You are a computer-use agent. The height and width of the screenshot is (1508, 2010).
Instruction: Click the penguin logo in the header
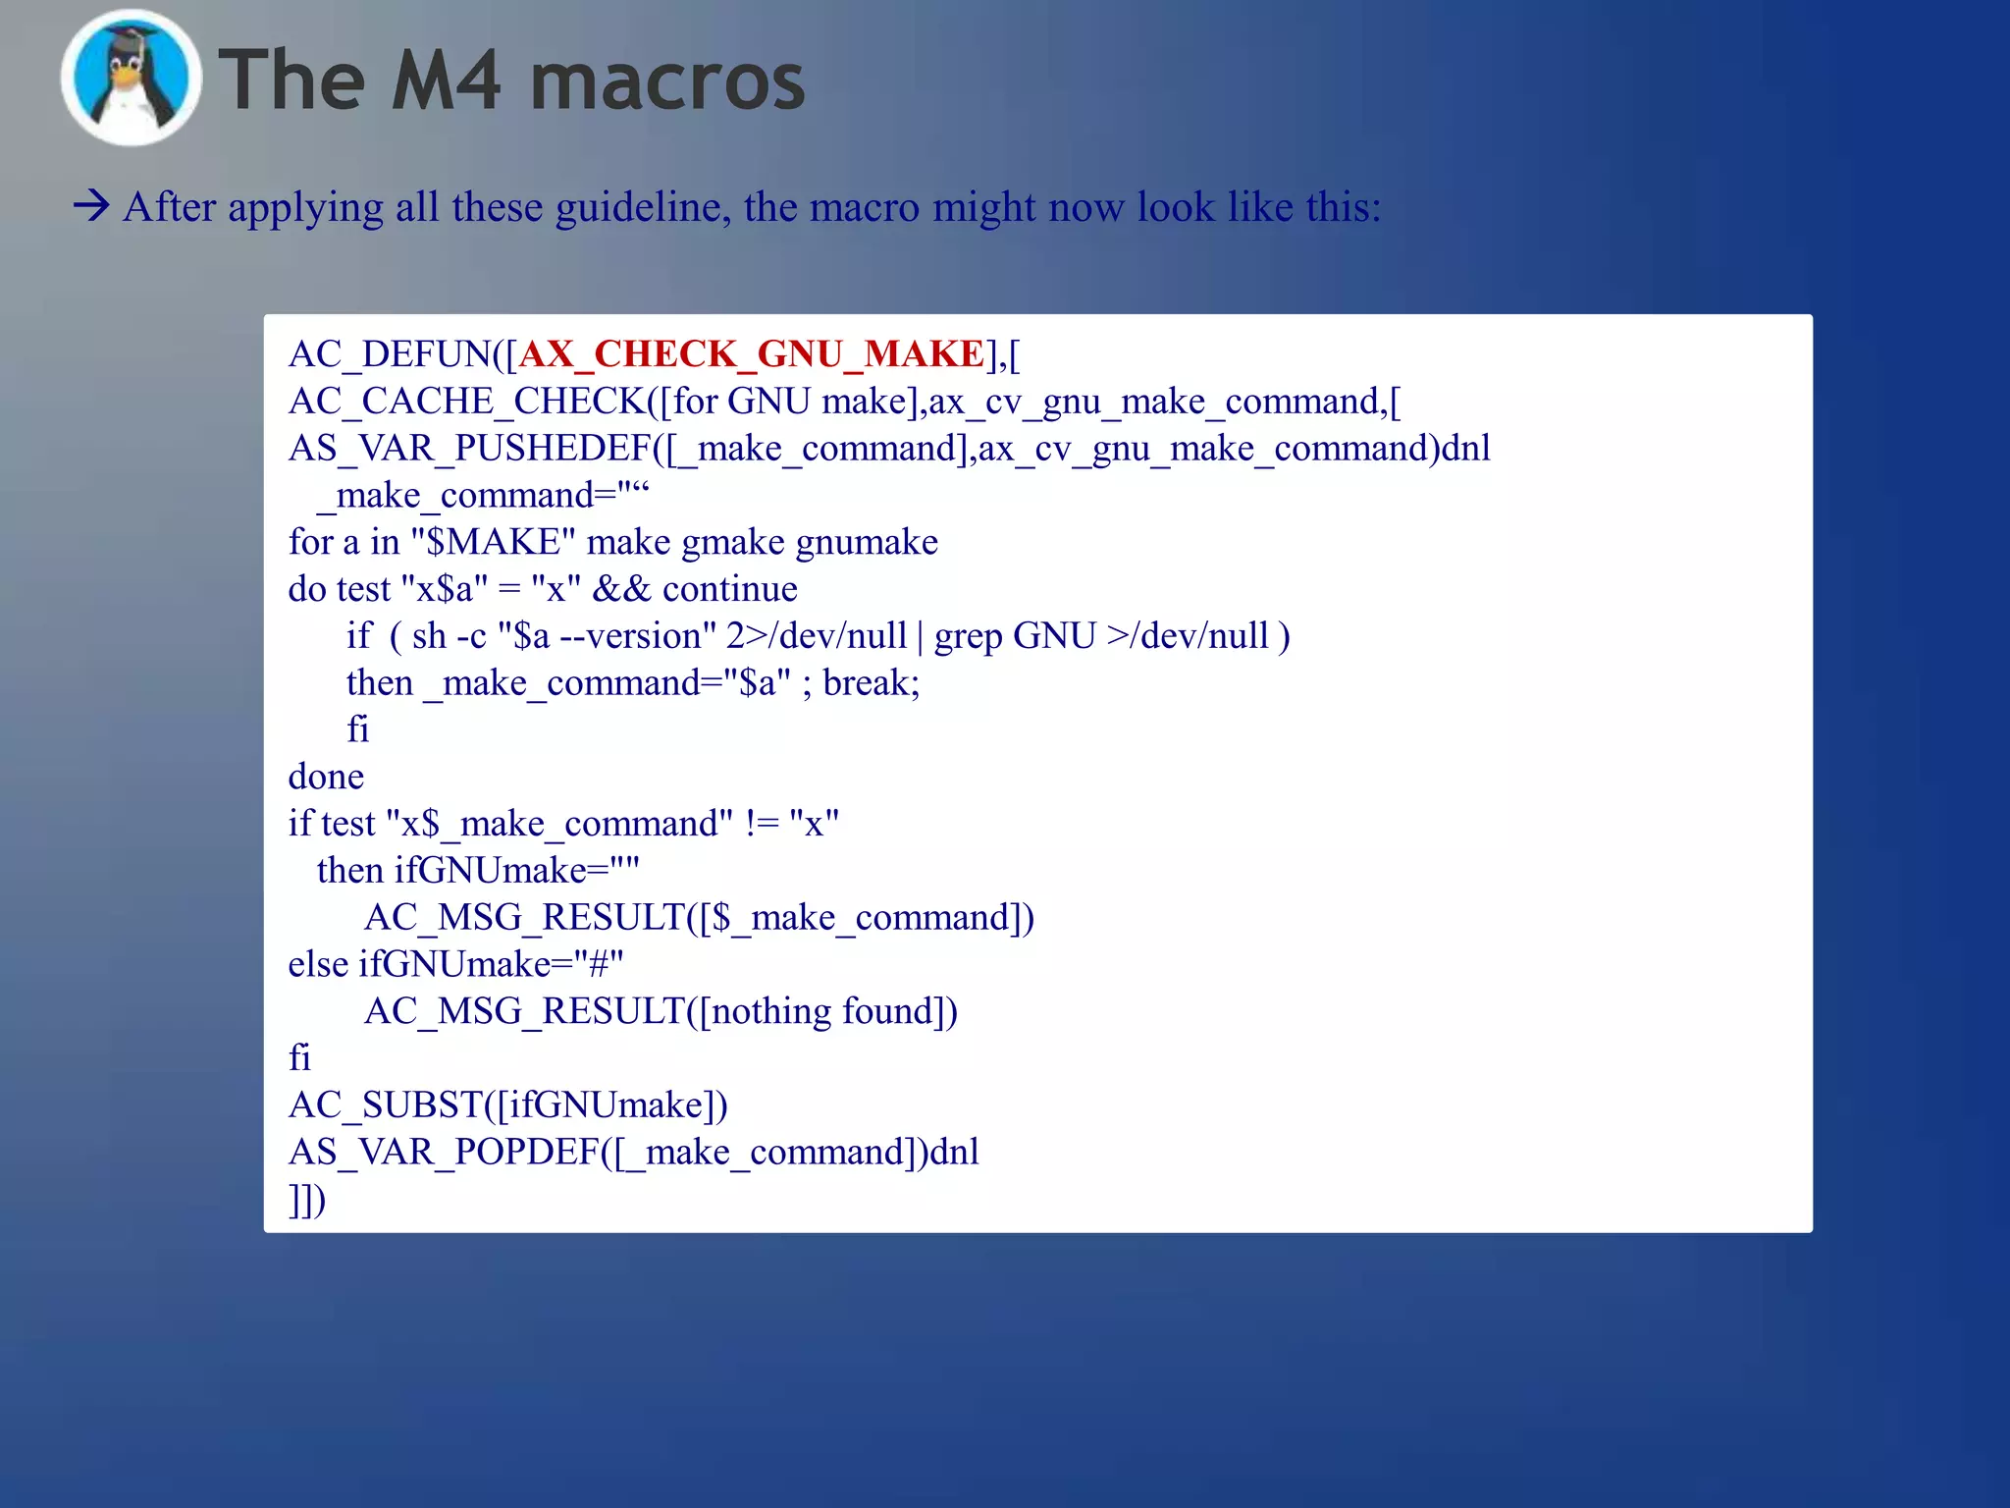pos(131,79)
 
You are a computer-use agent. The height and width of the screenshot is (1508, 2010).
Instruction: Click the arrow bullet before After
pos(91,206)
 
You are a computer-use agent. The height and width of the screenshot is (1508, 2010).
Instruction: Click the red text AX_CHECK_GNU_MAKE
pos(751,353)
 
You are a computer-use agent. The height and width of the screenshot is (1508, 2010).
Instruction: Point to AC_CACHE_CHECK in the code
pos(467,401)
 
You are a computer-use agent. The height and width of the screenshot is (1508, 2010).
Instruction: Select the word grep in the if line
pos(968,636)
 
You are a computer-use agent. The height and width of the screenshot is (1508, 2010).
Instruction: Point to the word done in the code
pos(326,777)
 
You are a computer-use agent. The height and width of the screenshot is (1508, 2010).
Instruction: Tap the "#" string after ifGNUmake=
pos(598,964)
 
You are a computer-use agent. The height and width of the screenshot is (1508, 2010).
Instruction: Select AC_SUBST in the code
pos(386,1105)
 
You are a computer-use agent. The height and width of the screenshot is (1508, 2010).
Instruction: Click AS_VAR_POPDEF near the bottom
pos(445,1152)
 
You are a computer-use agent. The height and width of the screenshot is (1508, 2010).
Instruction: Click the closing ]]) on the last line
pos(306,1200)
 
